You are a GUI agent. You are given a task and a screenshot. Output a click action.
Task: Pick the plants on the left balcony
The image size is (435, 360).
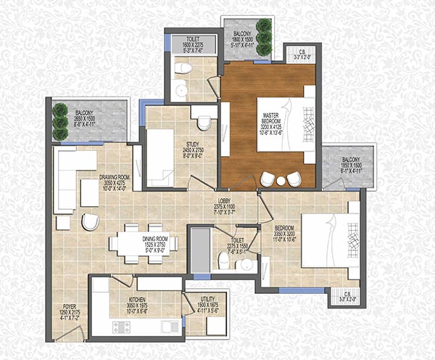60,123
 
